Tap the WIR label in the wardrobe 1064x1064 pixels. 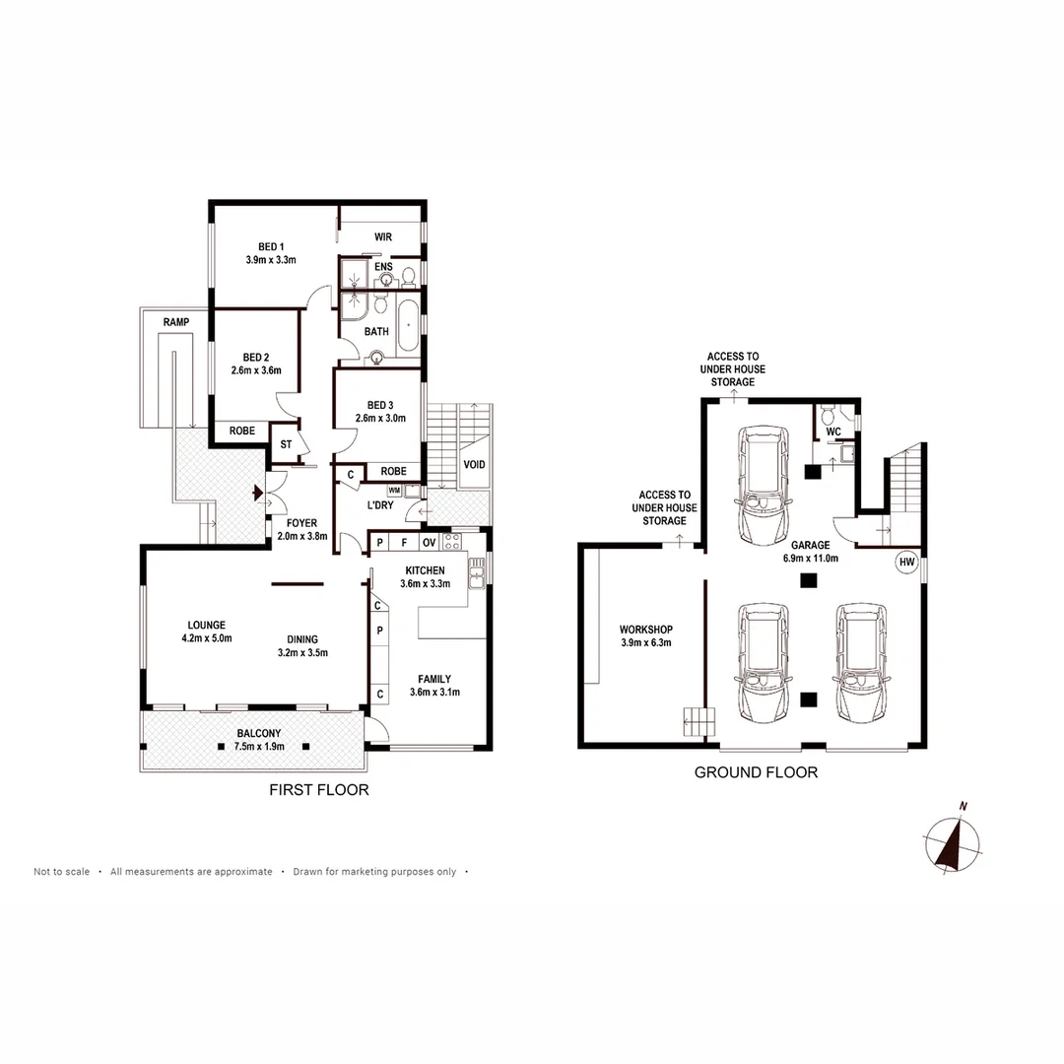click(x=383, y=237)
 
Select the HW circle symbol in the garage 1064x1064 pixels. click(x=905, y=563)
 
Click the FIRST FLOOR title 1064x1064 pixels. click(x=319, y=790)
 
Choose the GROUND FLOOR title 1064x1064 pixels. click(x=756, y=772)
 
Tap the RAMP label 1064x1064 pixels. click(x=177, y=322)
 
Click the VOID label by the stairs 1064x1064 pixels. click(x=474, y=464)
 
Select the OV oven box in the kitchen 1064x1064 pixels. click(x=430, y=542)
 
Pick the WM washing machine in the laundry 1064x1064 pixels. click(x=394, y=490)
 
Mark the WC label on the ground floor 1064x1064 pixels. click(x=832, y=432)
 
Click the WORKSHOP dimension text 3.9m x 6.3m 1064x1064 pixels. click(x=645, y=644)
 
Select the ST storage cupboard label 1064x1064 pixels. click(x=286, y=444)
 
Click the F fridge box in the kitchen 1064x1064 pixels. click(x=404, y=542)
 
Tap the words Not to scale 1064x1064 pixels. click(x=61, y=872)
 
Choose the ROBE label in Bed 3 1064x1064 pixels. click(x=393, y=471)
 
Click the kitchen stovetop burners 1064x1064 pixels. click(x=452, y=541)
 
